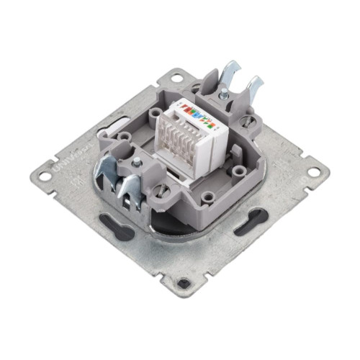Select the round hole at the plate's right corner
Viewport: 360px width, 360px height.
[x=315, y=174]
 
